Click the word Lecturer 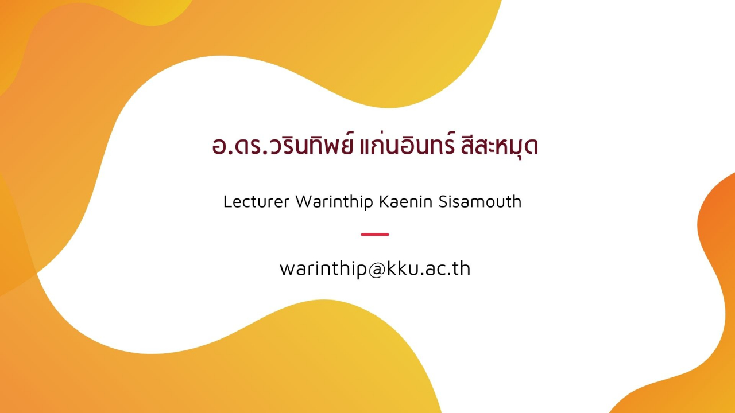tap(256, 201)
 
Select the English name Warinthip tap(334, 202)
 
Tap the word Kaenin tap(406, 201)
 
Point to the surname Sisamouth tap(480, 201)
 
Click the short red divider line tap(375, 235)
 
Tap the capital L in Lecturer tap(228, 201)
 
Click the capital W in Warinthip tap(304, 201)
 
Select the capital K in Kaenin tap(385, 201)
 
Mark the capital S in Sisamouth tap(444, 201)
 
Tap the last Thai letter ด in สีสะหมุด tap(531, 147)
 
